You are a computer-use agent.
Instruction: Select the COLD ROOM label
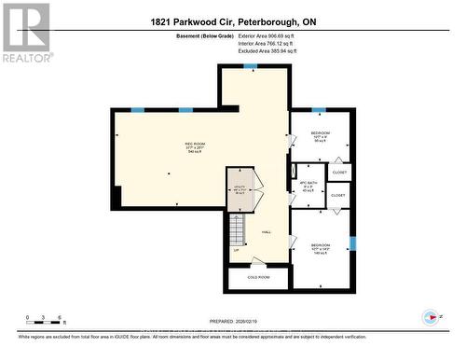point(258,277)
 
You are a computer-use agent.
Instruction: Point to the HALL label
point(267,231)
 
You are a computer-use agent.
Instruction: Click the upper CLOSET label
point(339,173)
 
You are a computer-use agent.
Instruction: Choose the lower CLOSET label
point(337,196)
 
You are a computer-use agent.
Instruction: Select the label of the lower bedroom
point(320,248)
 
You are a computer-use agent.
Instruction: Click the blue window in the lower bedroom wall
point(352,243)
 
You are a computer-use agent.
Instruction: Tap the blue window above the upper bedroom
point(319,110)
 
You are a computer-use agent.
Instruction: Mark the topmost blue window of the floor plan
point(249,66)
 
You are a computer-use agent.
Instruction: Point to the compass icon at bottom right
point(431,316)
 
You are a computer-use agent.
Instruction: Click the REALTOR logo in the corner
point(25,32)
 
